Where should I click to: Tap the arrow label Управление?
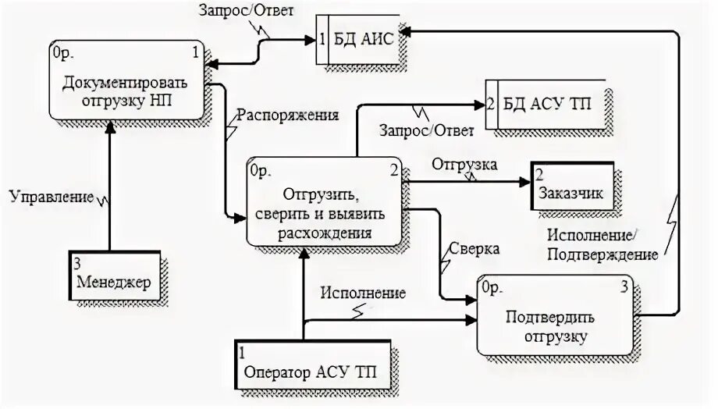52,197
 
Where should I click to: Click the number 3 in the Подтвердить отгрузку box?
624,286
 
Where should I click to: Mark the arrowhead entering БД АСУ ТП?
479,103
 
